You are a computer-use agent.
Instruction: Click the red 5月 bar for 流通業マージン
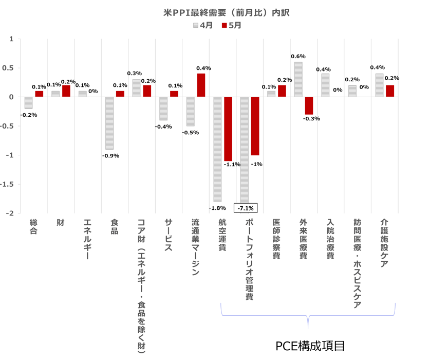(201, 85)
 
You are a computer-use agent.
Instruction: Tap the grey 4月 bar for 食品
(109, 123)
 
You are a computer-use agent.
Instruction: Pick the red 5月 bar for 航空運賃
(228, 129)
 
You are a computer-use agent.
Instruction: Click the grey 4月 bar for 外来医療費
(299, 79)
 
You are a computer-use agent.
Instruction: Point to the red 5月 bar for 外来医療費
(309, 105)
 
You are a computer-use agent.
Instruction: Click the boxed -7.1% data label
(246, 208)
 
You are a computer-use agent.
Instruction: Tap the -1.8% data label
(217, 208)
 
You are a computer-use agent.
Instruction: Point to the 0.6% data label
(298, 56)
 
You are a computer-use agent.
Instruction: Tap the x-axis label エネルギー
(88, 240)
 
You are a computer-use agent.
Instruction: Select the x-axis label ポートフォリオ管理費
(249, 260)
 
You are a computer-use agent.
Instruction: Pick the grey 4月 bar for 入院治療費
(326, 85)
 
